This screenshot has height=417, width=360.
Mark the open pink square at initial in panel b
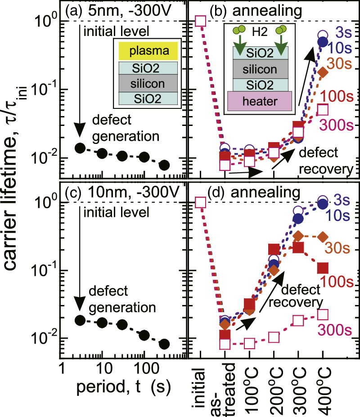[201, 21]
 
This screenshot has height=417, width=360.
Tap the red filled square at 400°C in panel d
[322, 268]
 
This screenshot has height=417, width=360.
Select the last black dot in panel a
[164, 165]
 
